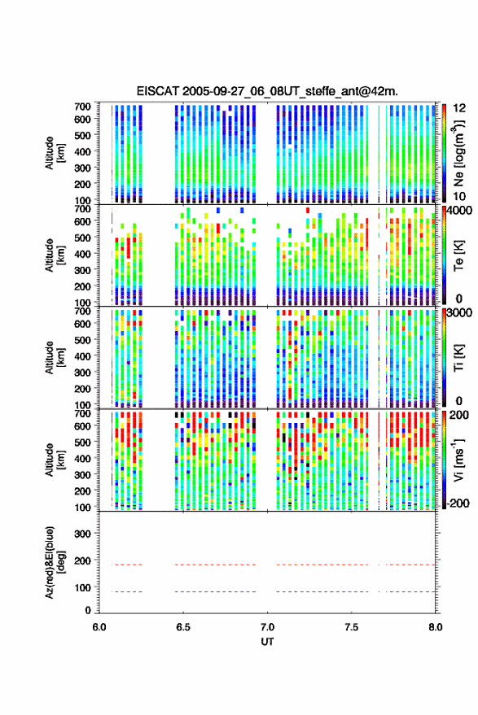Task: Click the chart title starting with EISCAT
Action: coord(267,91)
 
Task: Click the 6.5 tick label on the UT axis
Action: coord(183,627)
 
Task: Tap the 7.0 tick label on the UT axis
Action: coord(267,627)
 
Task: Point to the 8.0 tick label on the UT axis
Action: coord(435,627)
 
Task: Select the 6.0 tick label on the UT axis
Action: coord(99,627)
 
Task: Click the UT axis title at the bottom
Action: coord(267,642)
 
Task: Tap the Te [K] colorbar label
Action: coord(458,255)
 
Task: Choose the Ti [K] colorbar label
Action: coord(458,358)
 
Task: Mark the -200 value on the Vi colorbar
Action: coord(457,504)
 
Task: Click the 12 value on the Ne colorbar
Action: coord(460,108)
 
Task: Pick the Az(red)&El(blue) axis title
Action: coord(55,562)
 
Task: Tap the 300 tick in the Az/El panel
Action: coord(82,534)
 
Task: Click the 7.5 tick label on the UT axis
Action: coord(351,627)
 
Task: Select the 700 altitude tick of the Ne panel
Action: coord(82,107)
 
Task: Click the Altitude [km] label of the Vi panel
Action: coord(55,460)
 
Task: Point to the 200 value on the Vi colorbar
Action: coord(458,415)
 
